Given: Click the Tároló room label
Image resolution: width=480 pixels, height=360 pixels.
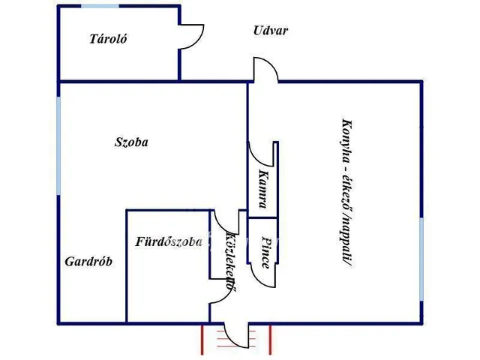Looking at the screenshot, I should coord(106,40).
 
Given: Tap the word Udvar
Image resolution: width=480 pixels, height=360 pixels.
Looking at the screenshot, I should coord(271,31).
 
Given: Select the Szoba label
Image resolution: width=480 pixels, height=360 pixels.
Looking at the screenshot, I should coord(130,142).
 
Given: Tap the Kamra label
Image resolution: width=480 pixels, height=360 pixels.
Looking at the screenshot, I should coord(262,184).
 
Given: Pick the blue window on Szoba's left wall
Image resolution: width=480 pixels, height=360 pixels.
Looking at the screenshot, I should coord(59,142).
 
